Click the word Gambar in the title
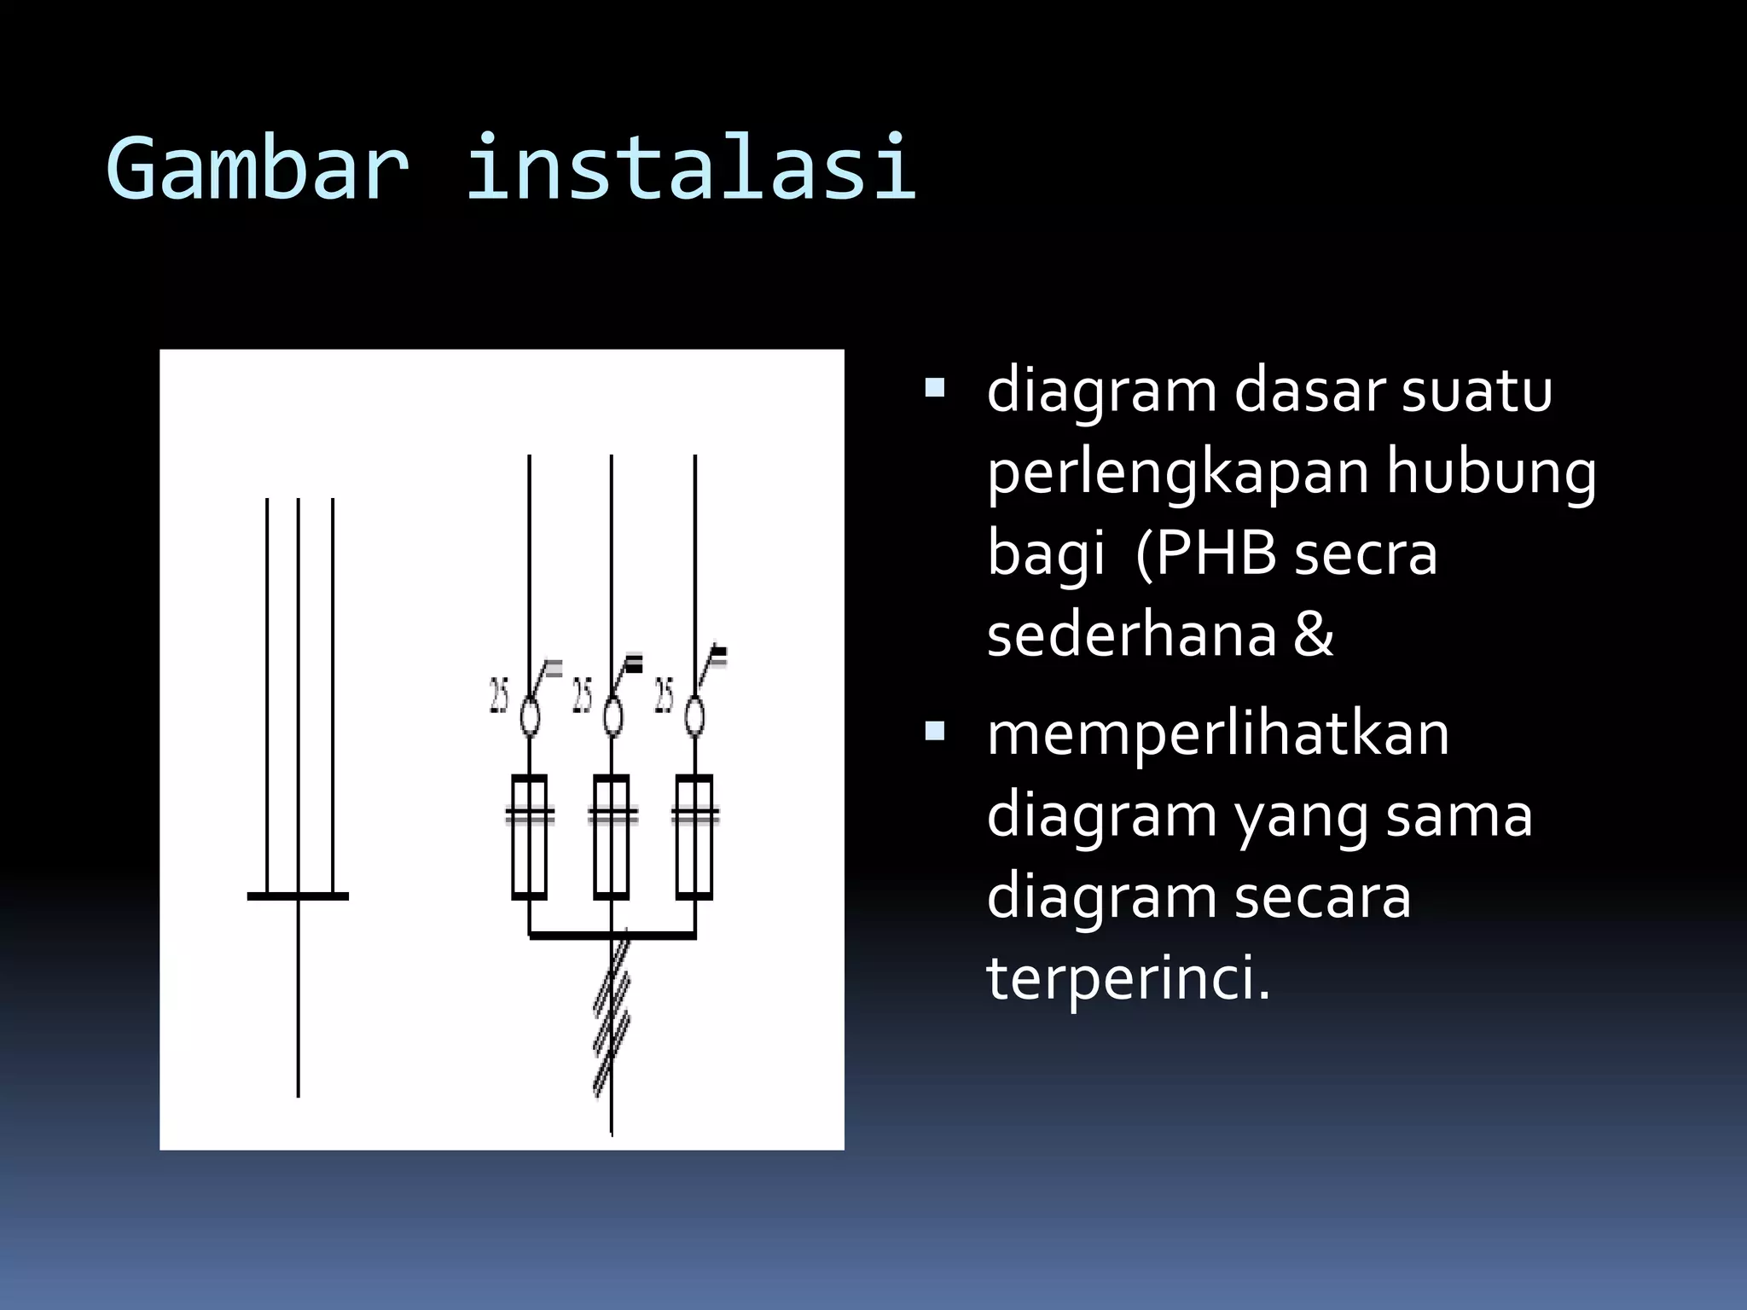[257, 168]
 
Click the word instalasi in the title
[690, 168]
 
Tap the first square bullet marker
[935, 390]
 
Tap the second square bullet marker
[935, 731]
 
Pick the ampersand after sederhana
[1313, 635]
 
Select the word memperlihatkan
[1217, 734]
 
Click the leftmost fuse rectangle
[529, 837]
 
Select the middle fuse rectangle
[612, 837]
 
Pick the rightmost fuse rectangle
[694, 837]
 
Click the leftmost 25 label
[498, 695]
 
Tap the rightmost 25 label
[664, 695]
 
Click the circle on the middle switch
[612, 716]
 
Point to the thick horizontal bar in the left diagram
[298, 896]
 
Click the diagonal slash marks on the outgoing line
[612, 1015]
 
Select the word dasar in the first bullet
[1309, 391]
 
